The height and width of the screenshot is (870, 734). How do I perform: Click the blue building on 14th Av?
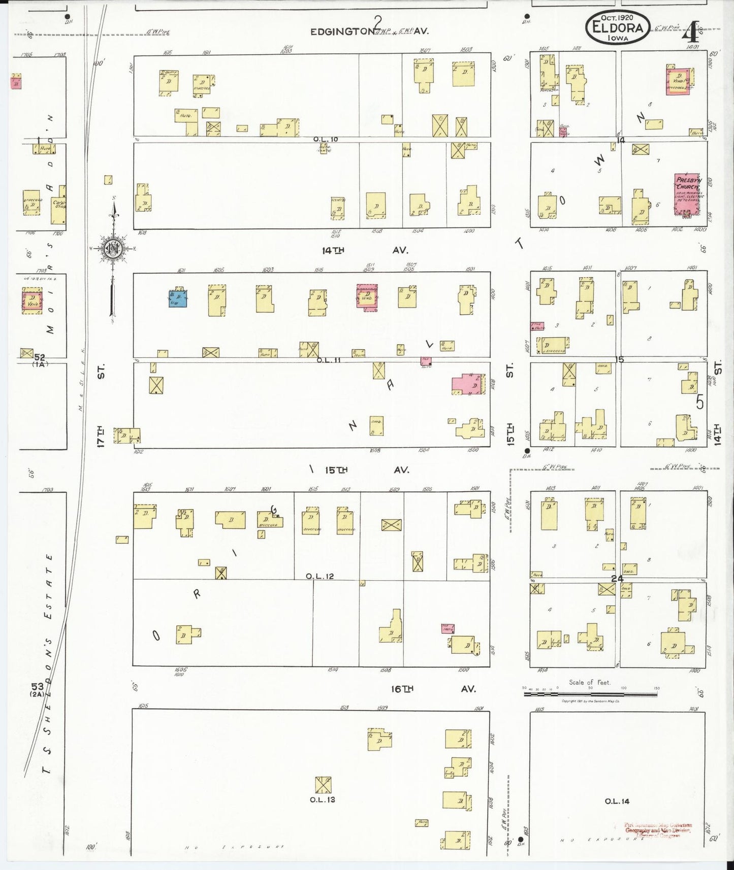click(x=178, y=298)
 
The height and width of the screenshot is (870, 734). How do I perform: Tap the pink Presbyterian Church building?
click(x=687, y=194)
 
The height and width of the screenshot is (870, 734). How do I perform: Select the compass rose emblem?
click(x=112, y=248)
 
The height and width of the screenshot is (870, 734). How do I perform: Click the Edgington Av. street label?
click(x=370, y=31)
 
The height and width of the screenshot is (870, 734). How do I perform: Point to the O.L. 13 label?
click(x=322, y=799)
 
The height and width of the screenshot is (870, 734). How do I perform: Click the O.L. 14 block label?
click(x=617, y=801)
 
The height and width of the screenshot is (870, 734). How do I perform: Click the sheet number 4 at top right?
click(x=690, y=33)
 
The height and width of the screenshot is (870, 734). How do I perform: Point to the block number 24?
click(x=617, y=578)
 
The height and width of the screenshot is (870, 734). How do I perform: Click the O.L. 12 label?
click(x=320, y=576)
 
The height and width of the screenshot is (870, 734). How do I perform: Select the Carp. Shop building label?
click(x=59, y=205)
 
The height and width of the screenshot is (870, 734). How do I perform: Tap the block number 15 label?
click(x=619, y=359)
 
